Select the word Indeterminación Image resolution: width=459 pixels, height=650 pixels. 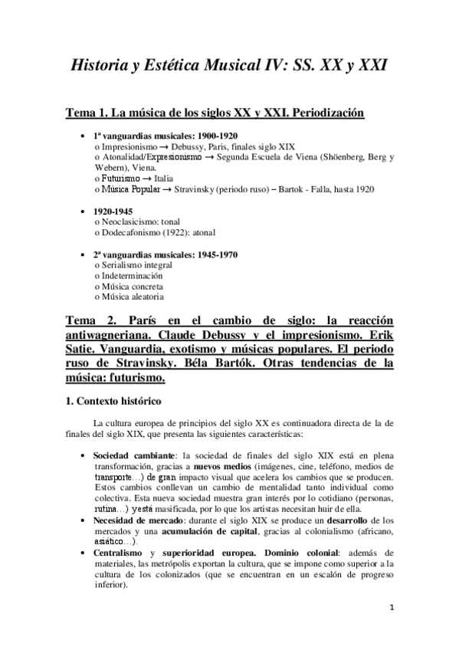131,274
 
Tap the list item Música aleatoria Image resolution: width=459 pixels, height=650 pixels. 130,296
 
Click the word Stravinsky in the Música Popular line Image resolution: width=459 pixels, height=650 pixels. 198,188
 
